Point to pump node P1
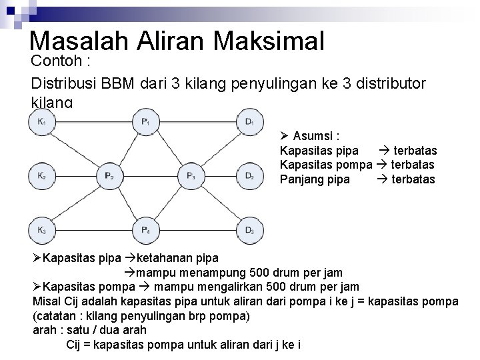[145, 121]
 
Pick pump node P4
[145, 230]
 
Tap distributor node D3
[249, 230]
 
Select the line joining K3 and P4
[93, 230]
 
